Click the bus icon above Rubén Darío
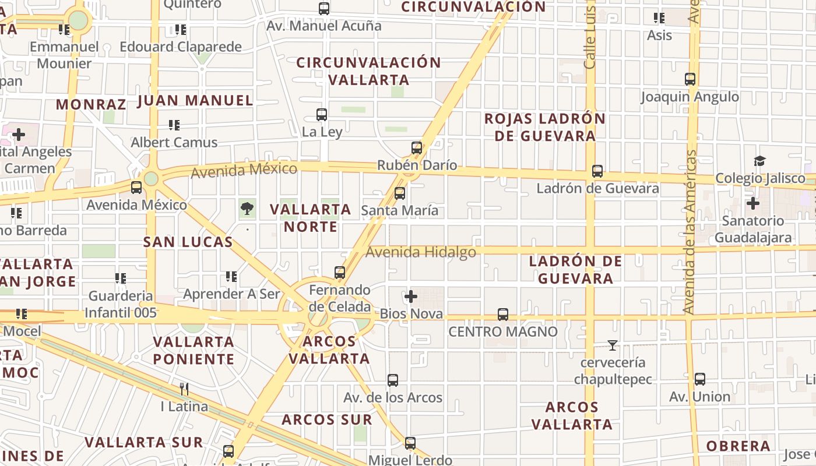(x=417, y=148)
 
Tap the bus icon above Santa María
(x=400, y=193)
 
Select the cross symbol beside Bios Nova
(x=411, y=296)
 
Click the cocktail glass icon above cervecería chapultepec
(x=612, y=345)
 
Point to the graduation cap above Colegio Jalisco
(x=759, y=161)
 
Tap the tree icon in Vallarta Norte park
(x=247, y=208)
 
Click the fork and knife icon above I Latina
(x=184, y=389)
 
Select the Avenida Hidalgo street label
(x=421, y=252)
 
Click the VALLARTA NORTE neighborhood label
(x=311, y=218)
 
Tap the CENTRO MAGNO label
(x=502, y=331)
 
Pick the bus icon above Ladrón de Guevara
(x=597, y=171)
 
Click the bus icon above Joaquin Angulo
(x=690, y=79)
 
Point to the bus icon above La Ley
(x=322, y=115)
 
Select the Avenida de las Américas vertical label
(x=691, y=232)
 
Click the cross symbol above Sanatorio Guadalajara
(x=753, y=203)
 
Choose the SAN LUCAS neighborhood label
(x=188, y=242)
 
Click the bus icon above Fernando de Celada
(x=340, y=273)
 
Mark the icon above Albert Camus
(x=174, y=125)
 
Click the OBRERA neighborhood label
(x=738, y=446)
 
